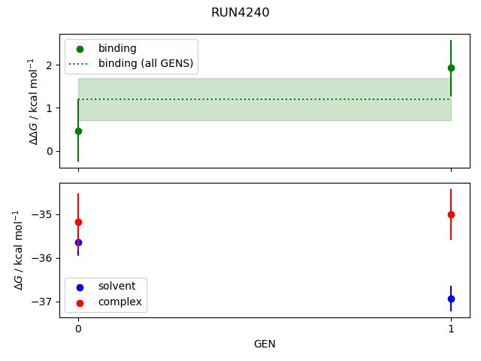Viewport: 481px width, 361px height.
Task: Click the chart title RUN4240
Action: click(240, 13)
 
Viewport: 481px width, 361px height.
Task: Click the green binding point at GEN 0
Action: click(78, 131)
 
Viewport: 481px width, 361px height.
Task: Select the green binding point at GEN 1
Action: click(451, 68)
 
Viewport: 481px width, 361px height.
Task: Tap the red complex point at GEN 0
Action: click(78, 222)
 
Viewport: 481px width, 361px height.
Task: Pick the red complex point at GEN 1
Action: click(451, 214)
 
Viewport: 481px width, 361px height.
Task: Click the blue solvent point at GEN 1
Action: click(451, 299)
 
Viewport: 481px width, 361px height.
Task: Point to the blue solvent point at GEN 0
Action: click(78, 242)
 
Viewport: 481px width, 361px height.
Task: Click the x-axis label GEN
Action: click(265, 344)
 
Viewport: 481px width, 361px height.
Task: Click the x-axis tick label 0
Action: click(78, 329)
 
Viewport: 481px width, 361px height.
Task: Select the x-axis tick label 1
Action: click(451, 329)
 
